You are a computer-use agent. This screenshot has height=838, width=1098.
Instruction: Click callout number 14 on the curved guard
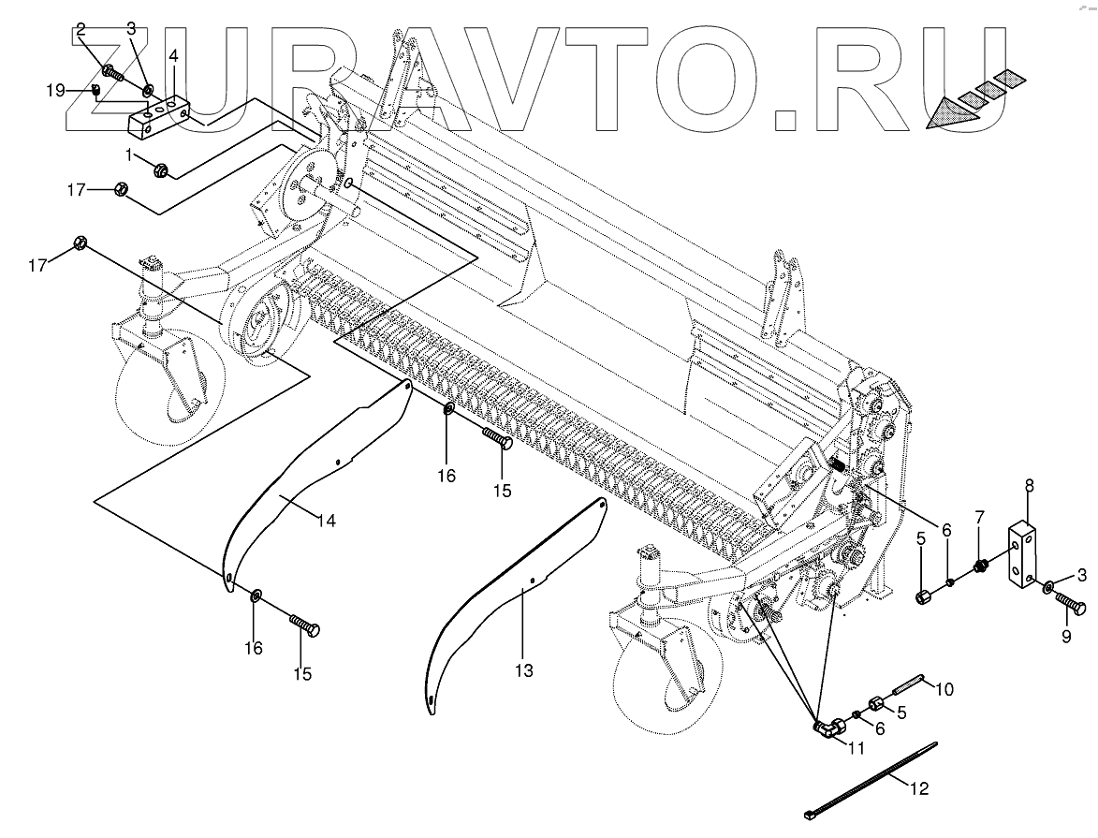(326, 521)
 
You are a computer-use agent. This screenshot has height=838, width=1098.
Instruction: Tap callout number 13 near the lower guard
(523, 671)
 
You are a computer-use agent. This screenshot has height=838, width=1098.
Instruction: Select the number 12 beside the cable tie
(919, 789)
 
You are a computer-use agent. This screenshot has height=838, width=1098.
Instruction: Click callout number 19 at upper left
(55, 90)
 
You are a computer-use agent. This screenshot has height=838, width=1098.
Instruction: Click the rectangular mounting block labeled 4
(159, 114)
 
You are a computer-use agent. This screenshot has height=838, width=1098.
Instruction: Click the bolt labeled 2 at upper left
(111, 71)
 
